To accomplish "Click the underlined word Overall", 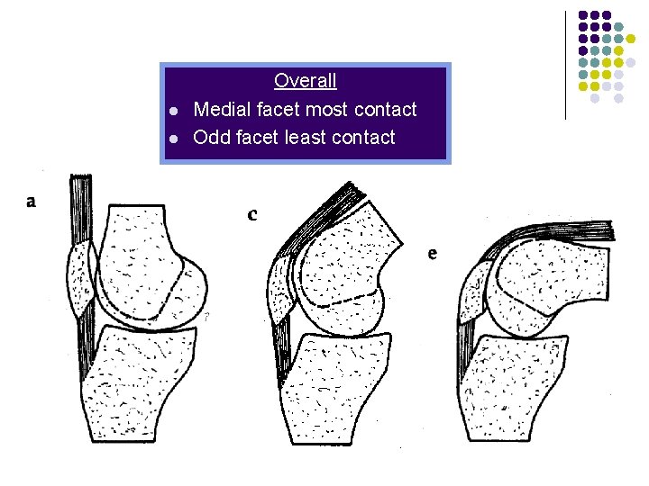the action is (x=305, y=81).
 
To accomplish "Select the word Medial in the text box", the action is (x=222, y=110).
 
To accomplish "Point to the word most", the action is (x=326, y=110).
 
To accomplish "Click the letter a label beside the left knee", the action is (x=32, y=202).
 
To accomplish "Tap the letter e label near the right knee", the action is (x=433, y=254).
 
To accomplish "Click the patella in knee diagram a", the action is (x=80, y=278).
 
